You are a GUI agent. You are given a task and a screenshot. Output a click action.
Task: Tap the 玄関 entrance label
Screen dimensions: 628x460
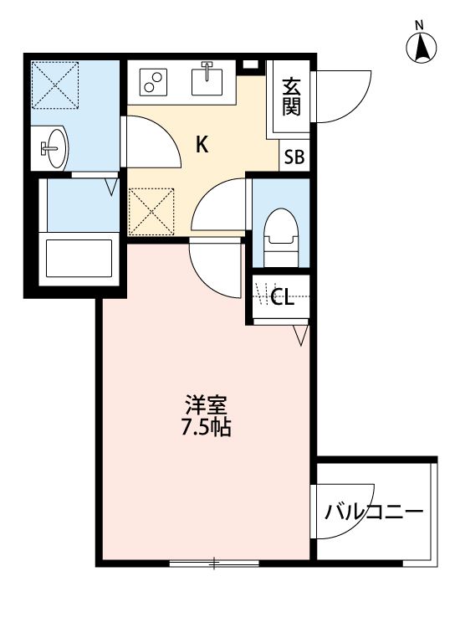(291, 97)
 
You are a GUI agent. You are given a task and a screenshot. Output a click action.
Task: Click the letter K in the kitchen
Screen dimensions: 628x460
(202, 145)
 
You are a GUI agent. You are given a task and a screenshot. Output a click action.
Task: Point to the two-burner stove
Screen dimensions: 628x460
(153, 81)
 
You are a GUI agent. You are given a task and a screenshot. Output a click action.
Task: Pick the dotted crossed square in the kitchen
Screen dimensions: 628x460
(151, 211)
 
